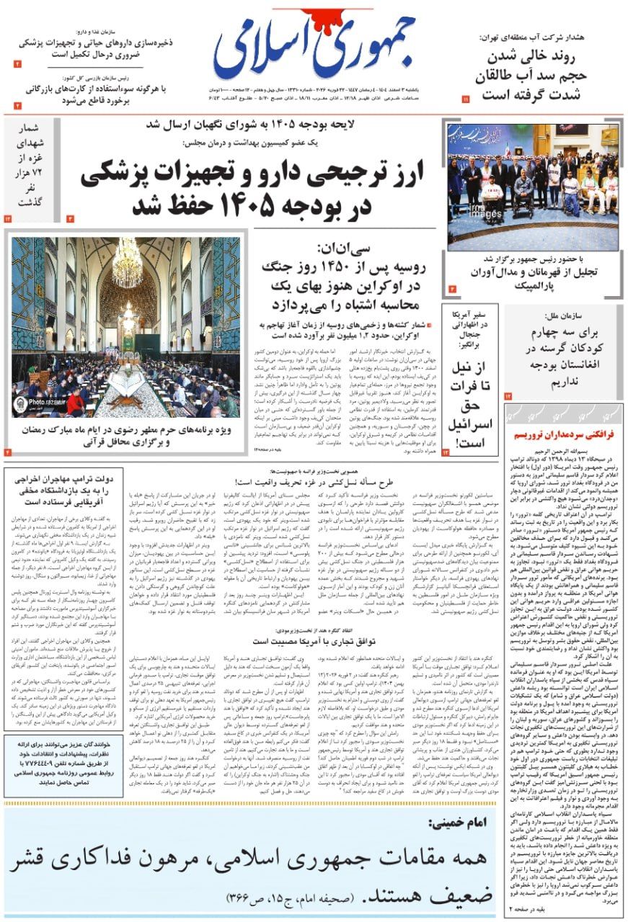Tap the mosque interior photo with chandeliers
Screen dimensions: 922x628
click(x=125, y=328)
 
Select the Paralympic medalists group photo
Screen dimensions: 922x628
click(x=533, y=187)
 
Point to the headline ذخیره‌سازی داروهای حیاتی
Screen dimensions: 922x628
click(x=94, y=48)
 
